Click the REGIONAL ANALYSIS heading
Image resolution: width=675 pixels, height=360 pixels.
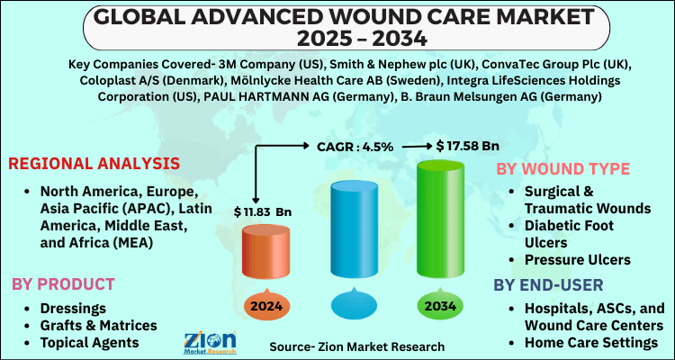pyautogui.click(x=94, y=164)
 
